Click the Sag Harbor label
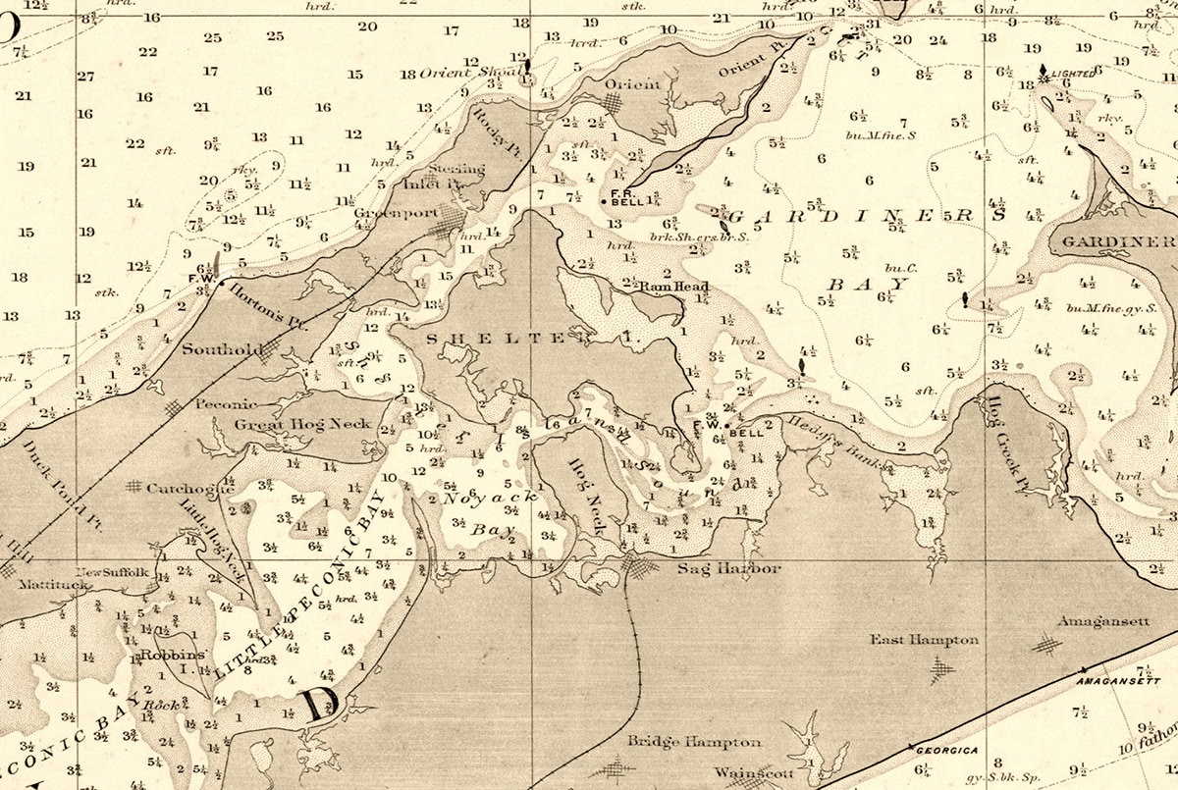click(729, 569)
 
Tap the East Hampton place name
click(925, 640)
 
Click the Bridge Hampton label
click(694, 741)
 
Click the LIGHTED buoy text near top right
click(1071, 75)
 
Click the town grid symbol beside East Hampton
click(942, 669)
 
